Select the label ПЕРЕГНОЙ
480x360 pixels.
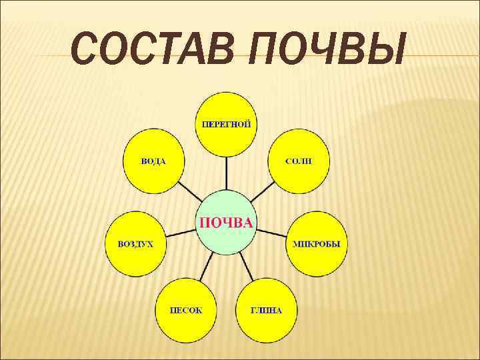pyautogui.click(x=227, y=123)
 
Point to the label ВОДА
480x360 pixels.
pyautogui.click(x=153, y=161)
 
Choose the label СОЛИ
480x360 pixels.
pyautogui.click(x=298, y=161)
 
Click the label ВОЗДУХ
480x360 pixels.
pyautogui.click(x=135, y=244)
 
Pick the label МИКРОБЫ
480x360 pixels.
pyautogui.click(x=317, y=244)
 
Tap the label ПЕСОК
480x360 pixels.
pyautogui.click(x=186, y=310)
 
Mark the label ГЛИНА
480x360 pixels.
pyautogui.click(x=266, y=310)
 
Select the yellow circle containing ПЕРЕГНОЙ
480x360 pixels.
pyautogui.click(x=227, y=140)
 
